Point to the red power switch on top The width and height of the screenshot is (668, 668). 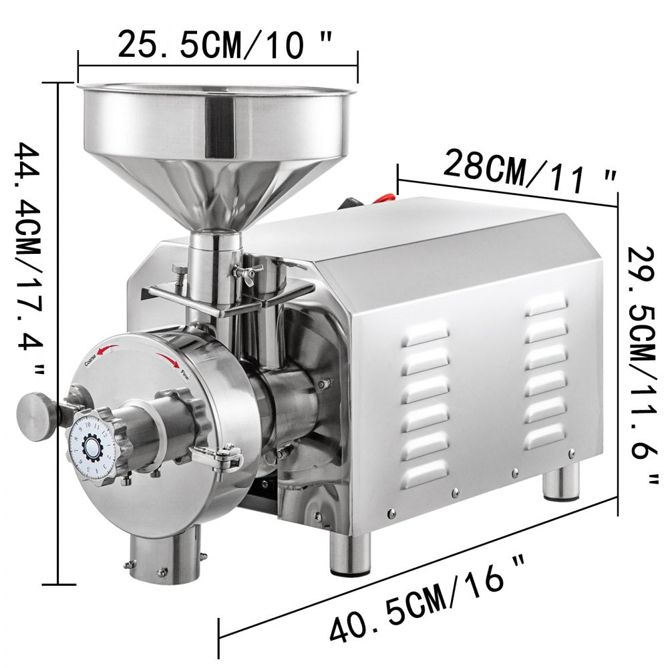click(x=385, y=196)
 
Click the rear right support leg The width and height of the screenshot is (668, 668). click(x=560, y=482)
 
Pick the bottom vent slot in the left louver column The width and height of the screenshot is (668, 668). click(x=424, y=473)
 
